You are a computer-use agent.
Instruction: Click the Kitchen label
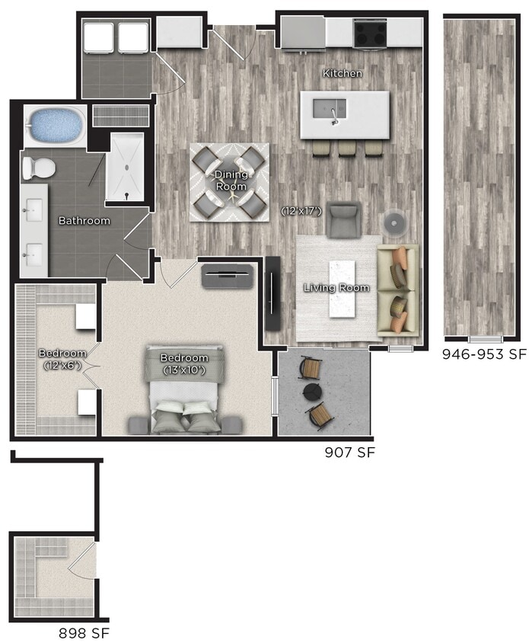point(343,74)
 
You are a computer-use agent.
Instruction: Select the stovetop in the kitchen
point(371,32)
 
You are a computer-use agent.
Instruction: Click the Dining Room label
point(231,181)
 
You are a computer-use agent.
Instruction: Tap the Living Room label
point(336,288)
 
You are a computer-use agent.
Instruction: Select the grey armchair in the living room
point(344,219)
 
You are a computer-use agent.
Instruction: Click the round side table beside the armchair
point(394,222)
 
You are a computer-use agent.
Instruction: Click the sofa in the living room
point(397,290)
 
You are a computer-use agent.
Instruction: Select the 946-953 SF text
point(485,353)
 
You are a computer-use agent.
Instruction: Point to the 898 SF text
point(84,633)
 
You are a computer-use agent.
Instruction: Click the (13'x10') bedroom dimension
point(185,370)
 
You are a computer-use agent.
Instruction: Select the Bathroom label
point(84,221)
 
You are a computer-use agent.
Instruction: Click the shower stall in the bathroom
point(126,167)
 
